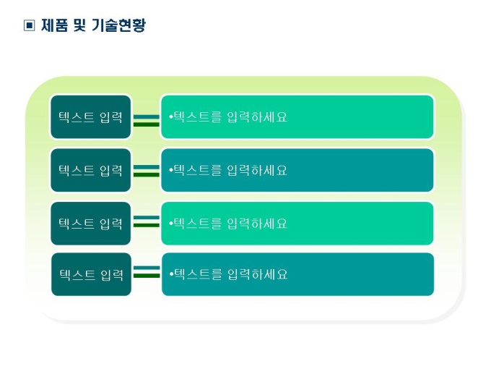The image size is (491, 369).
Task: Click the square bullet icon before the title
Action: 29,25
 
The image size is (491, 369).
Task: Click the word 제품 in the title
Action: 54,25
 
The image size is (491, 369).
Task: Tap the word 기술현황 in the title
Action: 119,25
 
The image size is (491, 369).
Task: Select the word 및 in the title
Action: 79,25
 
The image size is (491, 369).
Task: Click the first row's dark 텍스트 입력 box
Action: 91,116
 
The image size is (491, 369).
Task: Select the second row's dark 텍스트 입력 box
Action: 91,170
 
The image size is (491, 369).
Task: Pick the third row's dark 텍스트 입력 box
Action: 91,224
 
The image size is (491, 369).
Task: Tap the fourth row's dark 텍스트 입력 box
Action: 92,274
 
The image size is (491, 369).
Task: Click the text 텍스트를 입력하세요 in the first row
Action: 230,116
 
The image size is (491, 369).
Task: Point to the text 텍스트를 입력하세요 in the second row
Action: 230,170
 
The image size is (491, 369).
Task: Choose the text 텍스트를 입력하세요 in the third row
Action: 230,224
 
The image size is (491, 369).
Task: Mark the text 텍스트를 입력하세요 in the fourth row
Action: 231,274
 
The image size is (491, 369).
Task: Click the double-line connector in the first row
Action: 147,121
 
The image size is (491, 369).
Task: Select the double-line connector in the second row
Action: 147,171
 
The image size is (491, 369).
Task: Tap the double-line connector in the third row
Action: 147,221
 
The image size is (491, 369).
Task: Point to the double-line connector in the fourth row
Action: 147,272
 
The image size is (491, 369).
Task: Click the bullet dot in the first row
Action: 171,117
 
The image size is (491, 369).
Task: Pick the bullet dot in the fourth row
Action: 171,274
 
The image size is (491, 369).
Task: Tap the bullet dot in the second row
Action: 171,170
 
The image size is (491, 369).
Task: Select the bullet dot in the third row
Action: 171,224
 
